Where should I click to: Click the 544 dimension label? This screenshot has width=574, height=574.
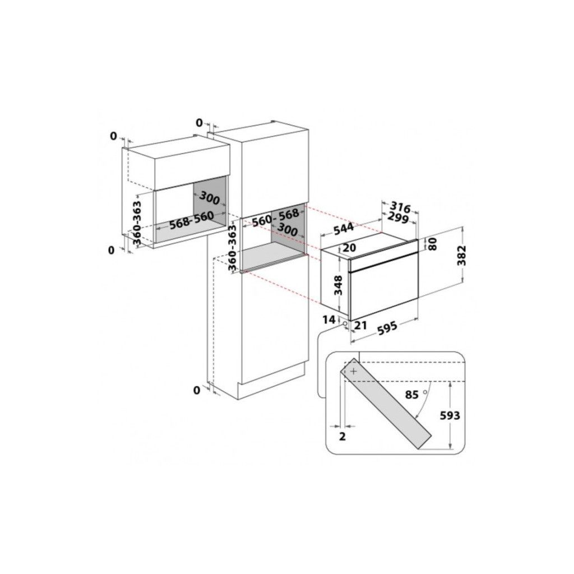pos(344,228)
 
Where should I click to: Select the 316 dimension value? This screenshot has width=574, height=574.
pos(400,206)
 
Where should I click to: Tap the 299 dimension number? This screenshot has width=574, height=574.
pos(398,218)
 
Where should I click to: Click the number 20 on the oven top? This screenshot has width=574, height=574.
pos(349,248)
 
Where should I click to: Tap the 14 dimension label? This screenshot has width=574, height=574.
pos(328,320)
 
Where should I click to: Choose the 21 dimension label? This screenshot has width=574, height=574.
pos(360,325)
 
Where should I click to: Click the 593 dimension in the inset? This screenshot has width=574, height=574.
pos(450,415)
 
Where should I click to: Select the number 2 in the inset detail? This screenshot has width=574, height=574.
pos(342,436)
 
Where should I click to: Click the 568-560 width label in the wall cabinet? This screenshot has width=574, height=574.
pos(192,220)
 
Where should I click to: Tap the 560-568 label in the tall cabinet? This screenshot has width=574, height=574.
pos(276,218)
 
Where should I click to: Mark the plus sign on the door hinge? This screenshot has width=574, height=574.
pos(354,371)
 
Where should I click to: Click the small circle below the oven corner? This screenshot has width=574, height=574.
pos(345,323)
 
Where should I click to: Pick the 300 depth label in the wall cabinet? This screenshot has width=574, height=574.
pos(210,198)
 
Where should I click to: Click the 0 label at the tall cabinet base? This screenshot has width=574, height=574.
pos(197,391)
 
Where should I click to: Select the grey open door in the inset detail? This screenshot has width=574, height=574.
pos(386,403)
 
